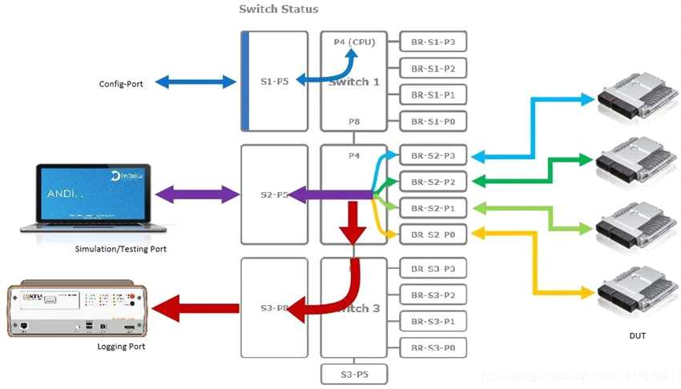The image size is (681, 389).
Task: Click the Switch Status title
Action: (278, 9)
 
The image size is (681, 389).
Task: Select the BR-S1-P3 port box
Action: (433, 42)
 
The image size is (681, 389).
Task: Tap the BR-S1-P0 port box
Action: (433, 122)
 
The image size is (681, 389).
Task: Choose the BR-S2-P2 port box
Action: (433, 182)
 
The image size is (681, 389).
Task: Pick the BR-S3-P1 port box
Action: (433, 321)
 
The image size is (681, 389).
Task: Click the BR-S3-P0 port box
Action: (433, 347)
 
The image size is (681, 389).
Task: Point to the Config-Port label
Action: (121, 83)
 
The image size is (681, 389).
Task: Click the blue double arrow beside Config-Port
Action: (195, 82)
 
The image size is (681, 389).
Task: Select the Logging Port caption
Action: (121, 347)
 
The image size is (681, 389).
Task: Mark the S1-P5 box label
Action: (275, 81)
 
